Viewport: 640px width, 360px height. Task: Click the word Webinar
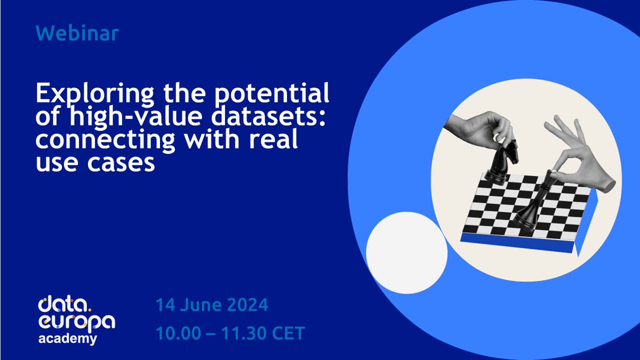(78, 34)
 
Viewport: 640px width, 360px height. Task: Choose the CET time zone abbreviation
(284, 333)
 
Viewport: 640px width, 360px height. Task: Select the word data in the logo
(59, 306)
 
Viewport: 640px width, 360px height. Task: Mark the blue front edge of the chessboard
(517, 242)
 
